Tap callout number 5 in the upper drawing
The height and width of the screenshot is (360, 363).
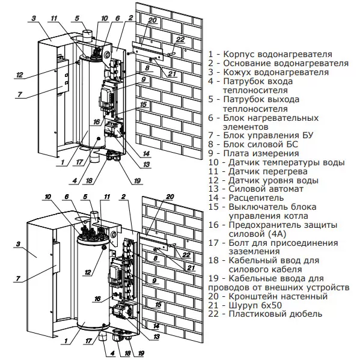coord(78,18)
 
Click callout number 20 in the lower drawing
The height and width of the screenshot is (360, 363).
coord(169,197)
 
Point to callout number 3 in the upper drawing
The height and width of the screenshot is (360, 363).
coord(35,19)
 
